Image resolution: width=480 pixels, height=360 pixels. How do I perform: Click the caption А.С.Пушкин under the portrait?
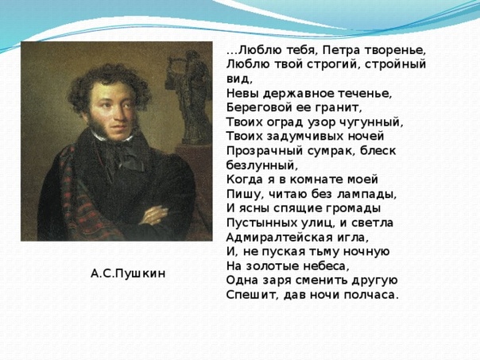pos(128,273)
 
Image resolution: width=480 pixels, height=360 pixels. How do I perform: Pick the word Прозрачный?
pos(264,151)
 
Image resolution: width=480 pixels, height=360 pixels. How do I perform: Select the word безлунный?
pos(262,165)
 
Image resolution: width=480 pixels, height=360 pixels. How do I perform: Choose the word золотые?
pos(273,266)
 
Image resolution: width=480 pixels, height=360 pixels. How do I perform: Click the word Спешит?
pos(254,295)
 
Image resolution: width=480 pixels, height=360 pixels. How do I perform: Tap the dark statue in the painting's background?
pos(189,97)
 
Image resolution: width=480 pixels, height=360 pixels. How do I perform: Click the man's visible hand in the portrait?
pos(155,215)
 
